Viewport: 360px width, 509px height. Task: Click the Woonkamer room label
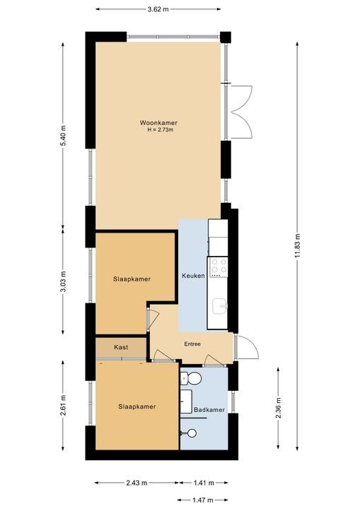[158, 123]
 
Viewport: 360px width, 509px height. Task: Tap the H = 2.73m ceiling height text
[160, 130]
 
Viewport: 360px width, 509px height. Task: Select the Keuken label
[193, 276]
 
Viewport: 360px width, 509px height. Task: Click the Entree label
[192, 344]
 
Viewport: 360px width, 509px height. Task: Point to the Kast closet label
[121, 347]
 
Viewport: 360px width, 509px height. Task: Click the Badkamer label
[209, 410]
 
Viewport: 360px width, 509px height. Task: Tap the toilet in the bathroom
[191, 378]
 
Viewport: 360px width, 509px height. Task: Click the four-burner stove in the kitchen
[219, 267]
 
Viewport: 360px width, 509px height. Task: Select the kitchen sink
[220, 306]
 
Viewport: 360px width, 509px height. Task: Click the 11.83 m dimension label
[298, 246]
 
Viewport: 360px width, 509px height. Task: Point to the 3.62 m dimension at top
[158, 9]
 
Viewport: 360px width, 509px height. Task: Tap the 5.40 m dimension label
[64, 135]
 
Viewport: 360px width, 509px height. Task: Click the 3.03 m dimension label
[64, 281]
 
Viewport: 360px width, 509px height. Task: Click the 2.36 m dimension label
[279, 408]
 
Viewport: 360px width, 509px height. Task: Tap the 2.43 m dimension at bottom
[137, 483]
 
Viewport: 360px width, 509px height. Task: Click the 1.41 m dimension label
[204, 483]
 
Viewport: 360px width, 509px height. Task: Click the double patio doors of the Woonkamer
[241, 112]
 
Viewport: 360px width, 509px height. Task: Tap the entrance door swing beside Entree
[248, 347]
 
